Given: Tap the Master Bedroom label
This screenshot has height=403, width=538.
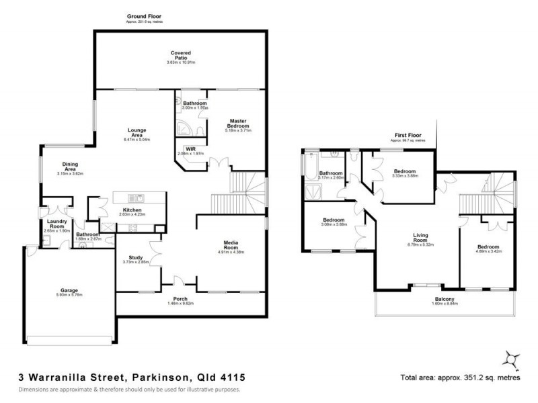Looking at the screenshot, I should pos(238,123).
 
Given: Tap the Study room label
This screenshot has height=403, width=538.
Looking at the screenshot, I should pos(129,257).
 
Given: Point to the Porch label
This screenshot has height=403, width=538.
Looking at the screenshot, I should pos(180,300).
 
